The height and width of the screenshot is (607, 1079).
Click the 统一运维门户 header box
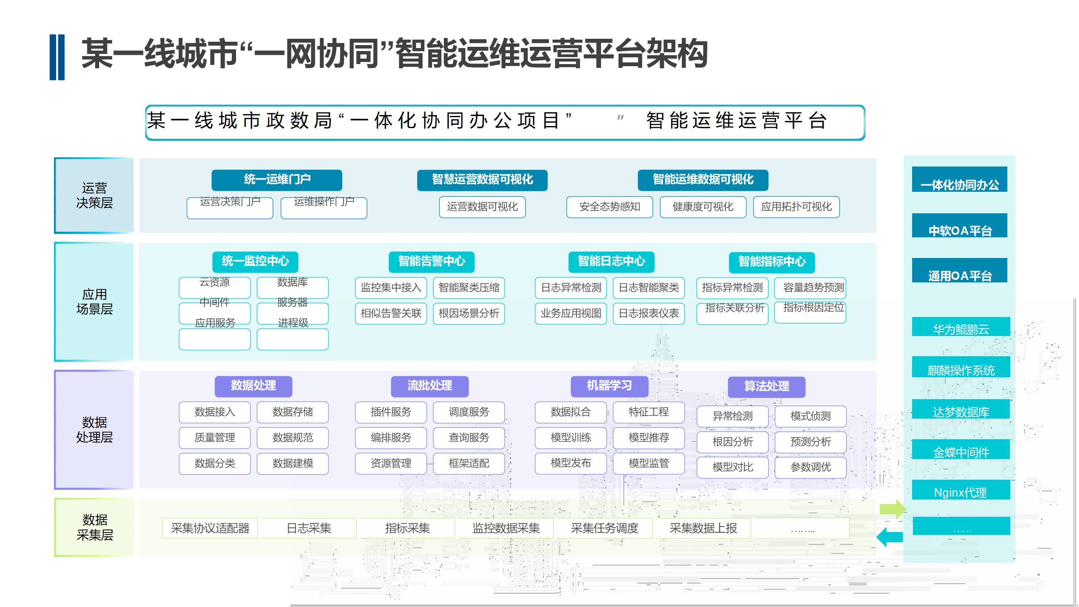coord(276,180)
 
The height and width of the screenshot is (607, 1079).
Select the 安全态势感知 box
coord(609,207)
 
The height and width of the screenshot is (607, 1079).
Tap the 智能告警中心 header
coord(431,262)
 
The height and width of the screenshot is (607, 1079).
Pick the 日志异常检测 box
coord(571,288)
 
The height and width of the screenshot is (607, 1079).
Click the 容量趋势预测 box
coord(813,288)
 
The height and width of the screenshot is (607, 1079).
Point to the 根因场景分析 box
coord(469,314)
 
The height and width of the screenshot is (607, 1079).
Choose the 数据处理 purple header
coord(253,386)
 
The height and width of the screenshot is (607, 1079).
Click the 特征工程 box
coord(648,412)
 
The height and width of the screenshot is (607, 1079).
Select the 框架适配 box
coord(469,463)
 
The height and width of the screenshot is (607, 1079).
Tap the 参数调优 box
coord(810,467)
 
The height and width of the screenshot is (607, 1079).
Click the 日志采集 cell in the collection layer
coord(309,528)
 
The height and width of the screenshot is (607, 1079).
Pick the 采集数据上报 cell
coord(703,528)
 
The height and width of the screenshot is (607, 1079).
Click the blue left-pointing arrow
coord(889,537)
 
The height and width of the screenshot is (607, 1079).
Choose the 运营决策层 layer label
coord(94,196)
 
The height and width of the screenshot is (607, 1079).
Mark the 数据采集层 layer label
coord(94,527)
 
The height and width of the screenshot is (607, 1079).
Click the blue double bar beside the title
coord(57,57)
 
